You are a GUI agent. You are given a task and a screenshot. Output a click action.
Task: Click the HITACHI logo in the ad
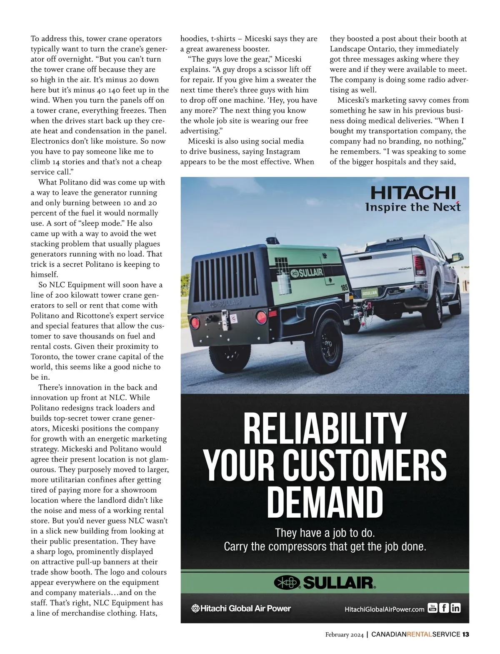(x=412, y=193)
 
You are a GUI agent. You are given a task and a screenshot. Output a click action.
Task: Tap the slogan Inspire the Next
(x=412, y=207)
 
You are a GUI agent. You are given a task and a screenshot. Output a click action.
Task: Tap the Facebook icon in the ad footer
(x=444, y=608)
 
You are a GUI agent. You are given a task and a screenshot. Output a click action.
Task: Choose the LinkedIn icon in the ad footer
(x=455, y=608)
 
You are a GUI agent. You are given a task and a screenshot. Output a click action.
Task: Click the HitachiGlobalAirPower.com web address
(x=384, y=609)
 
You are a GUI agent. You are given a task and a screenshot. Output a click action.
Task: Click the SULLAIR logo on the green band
(x=325, y=582)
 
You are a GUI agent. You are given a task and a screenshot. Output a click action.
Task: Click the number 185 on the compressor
(x=344, y=288)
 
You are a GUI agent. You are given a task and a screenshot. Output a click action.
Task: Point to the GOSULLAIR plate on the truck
(x=370, y=293)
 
